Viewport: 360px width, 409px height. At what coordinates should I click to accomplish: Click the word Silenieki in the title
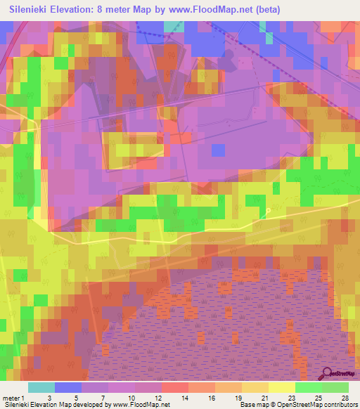click(x=32, y=10)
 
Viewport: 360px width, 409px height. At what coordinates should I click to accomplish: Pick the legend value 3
click(x=49, y=398)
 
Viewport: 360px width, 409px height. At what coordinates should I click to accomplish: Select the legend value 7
click(x=103, y=398)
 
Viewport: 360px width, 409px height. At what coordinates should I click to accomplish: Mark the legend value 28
click(x=345, y=398)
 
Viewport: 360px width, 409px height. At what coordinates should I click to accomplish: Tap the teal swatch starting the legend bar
click(x=41, y=387)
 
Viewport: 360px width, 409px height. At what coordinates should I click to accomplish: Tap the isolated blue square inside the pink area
click(x=218, y=150)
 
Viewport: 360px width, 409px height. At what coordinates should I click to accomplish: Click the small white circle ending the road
click(x=268, y=210)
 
